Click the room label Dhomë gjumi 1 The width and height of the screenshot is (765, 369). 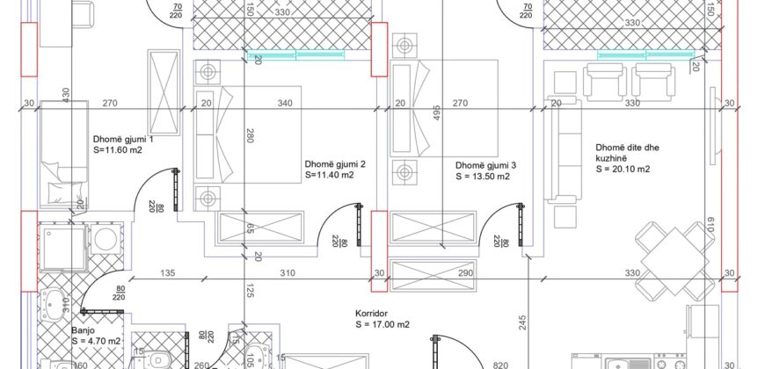[123, 140]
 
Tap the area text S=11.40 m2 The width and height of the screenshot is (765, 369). [330, 175]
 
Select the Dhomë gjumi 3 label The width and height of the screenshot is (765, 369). [486, 166]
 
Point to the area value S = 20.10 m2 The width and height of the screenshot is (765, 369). [623, 170]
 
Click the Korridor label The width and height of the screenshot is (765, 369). [372, 314]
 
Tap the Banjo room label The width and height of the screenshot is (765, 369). [82, 330]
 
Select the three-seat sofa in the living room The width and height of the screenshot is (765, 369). [565, 149]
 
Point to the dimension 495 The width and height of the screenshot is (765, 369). [437, 113]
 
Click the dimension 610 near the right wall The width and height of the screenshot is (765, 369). [710, 226]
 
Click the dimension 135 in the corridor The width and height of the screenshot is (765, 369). [167, 273]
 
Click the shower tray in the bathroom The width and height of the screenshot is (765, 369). [62, 247]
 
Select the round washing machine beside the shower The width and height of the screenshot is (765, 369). [105, 238]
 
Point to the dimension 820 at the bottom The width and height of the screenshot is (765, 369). [500, 365]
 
